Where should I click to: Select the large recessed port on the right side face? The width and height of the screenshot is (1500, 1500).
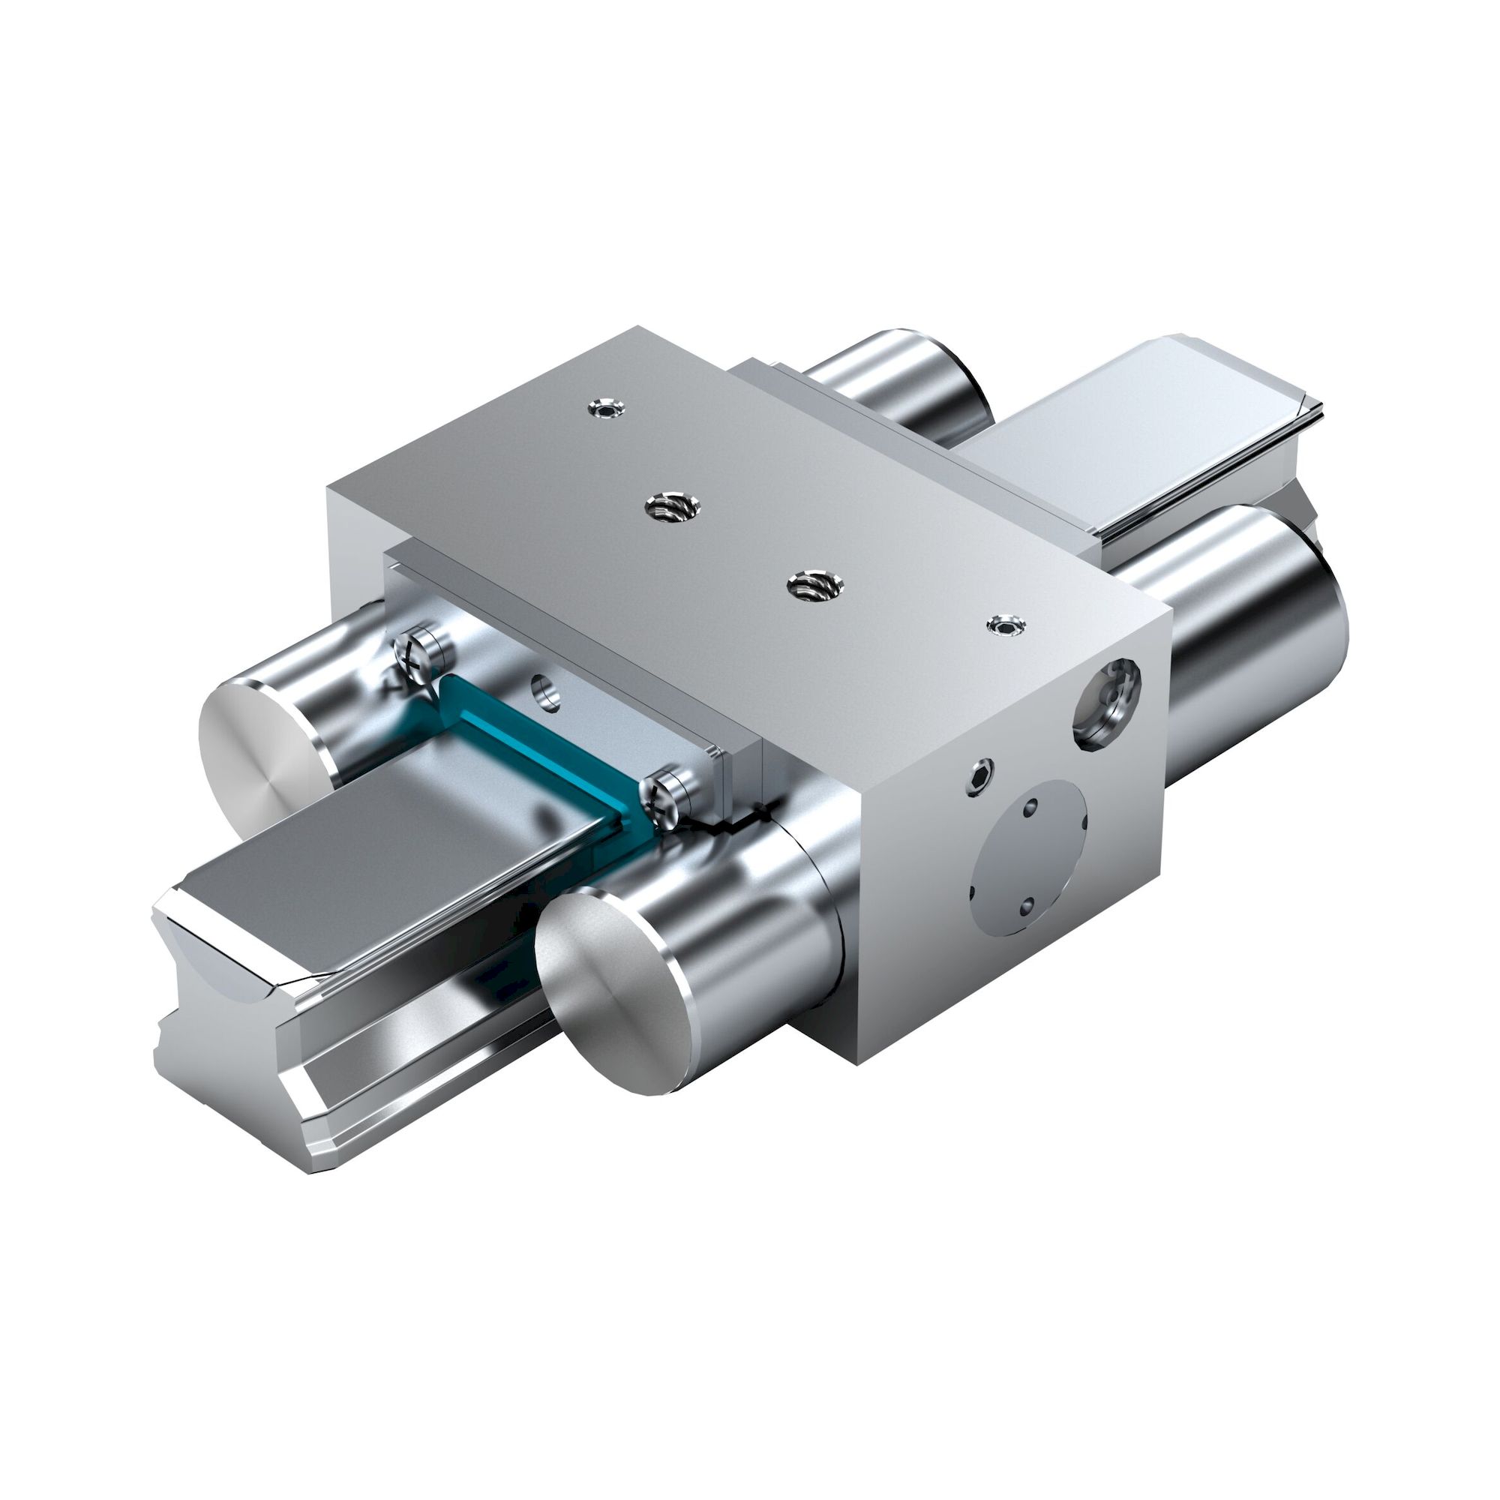click(1105, 703)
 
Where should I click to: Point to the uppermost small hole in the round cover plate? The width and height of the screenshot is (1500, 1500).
click(1030, 809)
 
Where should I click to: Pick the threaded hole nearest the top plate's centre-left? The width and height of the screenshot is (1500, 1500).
click(672, 508)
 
